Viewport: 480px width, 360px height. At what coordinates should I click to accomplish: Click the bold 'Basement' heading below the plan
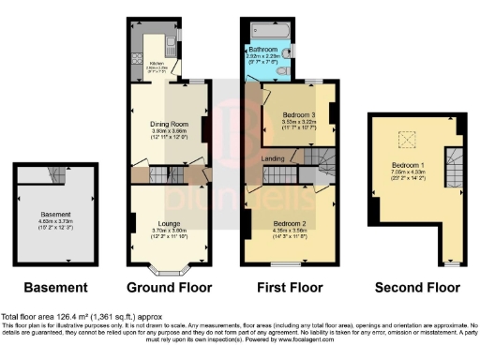point(57,288)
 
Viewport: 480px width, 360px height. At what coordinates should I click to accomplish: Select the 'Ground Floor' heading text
point(169,288)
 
